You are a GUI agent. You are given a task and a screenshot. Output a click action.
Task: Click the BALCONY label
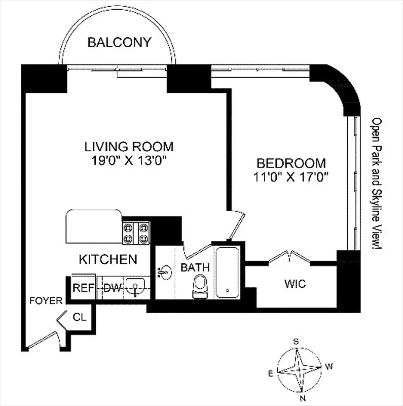click(x=119, y=42)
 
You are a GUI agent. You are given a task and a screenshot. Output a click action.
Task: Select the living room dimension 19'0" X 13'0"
click(x=129, y=161)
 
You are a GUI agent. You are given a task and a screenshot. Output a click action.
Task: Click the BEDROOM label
click(x=290, y=163)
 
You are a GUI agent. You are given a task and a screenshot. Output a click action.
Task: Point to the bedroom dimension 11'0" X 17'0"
click(x=290, y=177)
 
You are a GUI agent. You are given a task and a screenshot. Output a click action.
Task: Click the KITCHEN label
click(x=108, y=259)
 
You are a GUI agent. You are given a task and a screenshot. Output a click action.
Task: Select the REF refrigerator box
click(x=83, y=288)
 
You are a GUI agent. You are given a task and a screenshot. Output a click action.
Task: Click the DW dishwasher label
click(x=113, y=288)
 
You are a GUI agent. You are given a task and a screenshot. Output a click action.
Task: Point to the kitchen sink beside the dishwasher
click(x=136, y=288)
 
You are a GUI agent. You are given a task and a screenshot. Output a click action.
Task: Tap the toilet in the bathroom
click(x=201, y=287)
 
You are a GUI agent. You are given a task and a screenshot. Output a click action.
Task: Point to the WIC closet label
click(x=295, y=283)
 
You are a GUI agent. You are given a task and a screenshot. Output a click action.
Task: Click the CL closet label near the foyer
click(x=80, y=318)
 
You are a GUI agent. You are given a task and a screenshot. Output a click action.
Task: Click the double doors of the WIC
click(x=289, y=256)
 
